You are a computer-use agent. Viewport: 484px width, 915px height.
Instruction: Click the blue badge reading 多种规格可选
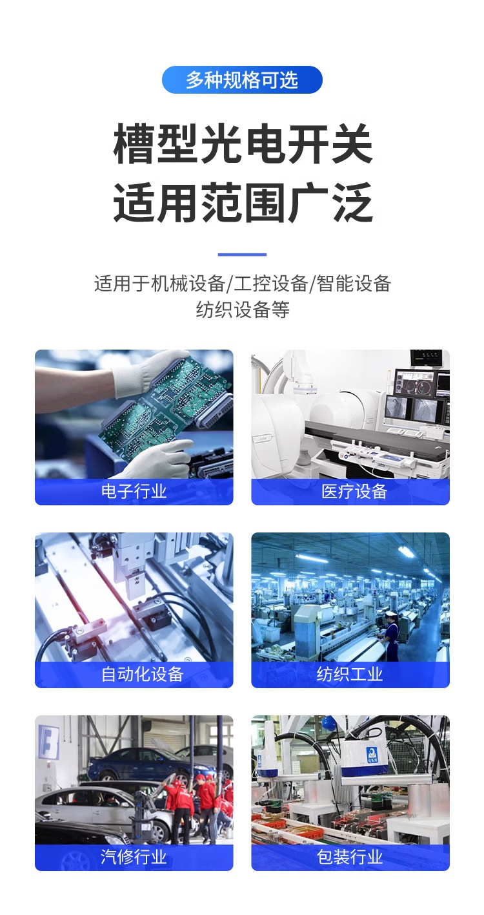pos(242,79)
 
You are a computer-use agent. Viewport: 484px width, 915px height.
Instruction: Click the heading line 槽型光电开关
pos(243,143)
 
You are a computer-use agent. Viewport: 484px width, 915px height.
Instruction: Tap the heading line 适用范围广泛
pos(243,203)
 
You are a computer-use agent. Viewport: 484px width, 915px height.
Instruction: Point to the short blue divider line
pos(242,255)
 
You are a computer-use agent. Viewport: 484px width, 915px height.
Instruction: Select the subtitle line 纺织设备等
pos(243,310)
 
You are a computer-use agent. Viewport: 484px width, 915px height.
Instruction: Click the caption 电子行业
pos(134,491)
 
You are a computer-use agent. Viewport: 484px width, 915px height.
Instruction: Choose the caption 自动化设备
pos(142,674)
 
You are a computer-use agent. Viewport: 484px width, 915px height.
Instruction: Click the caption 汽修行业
pos(134,857)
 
